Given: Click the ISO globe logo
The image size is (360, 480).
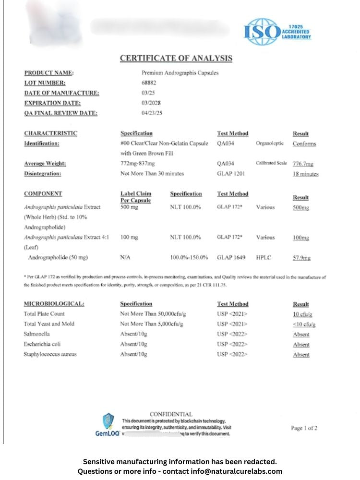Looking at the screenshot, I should coord(262,32).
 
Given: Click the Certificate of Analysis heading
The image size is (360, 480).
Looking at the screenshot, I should coord(176,59).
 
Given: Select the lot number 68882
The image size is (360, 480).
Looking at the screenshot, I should coord(149,83).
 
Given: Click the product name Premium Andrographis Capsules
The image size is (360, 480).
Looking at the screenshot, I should coord(180,73).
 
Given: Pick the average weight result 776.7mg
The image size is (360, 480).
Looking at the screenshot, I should coord(303,164).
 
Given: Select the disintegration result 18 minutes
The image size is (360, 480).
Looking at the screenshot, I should coord(305,174).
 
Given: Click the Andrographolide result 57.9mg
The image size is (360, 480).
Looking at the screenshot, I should coord(301,258).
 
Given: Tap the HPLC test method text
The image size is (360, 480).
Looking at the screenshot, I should coord(264,258).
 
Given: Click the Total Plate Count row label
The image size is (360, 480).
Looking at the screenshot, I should coord(44,314).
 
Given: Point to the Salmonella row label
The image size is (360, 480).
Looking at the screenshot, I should coord(36,334).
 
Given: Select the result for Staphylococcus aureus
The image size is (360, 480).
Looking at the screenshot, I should coord(301,355).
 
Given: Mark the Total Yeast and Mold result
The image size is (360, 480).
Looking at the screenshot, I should coord(304,324).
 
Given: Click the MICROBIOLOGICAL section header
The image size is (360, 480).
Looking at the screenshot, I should coord(54,304).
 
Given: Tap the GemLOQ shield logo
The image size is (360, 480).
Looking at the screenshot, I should coord(108,421).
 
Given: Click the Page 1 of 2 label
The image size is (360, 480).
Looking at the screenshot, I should coord(304,428).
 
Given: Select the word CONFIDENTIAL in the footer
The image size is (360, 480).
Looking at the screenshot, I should coord(171,414).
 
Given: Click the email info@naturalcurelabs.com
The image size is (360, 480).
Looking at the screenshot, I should coord(233,471).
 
